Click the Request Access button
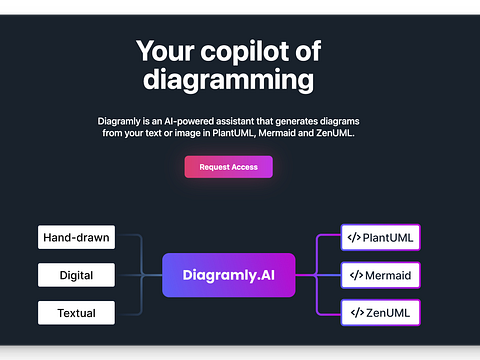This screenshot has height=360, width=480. point(228,167)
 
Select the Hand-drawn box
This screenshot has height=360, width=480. point(76,238)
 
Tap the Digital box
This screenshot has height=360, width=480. point(76,275)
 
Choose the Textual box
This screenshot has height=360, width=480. point(76,313)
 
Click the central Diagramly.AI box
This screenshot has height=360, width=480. point(229,275)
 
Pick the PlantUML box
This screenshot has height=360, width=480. point(380,238)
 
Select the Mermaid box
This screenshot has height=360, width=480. point(380,275)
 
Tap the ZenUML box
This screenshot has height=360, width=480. point(380,313)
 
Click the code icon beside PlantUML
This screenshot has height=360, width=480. point(353,238)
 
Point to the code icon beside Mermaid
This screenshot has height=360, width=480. point(353,275)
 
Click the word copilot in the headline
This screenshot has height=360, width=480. point(250,51)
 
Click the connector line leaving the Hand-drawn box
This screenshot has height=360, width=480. point(128,238)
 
